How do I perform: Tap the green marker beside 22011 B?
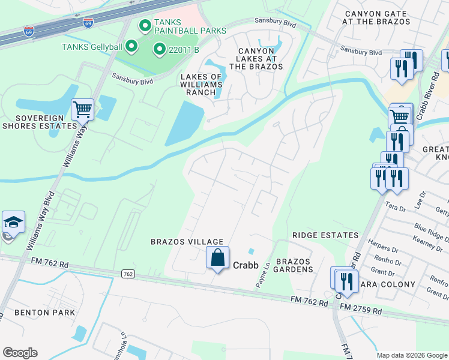159,50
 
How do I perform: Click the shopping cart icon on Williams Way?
82,110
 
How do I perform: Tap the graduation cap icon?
13,223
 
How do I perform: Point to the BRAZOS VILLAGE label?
178,241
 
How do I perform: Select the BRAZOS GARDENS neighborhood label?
294,265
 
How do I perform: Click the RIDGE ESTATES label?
325,235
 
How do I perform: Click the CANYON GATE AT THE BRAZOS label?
378,17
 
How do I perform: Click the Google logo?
20,353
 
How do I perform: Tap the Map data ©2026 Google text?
412,355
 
